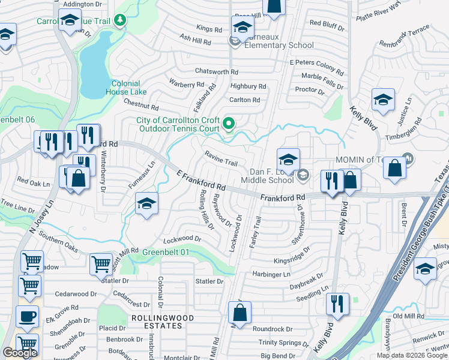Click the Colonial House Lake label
click(126, 88)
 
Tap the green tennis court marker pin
click(229, 124)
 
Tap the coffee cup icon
click(27, 317)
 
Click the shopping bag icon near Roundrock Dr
click(240, 313)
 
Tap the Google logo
click(20, 353)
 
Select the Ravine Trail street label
click(221, 163)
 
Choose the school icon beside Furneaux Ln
click(146, 204)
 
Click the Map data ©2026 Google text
click(412, 355)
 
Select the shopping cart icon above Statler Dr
click(101, 263)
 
